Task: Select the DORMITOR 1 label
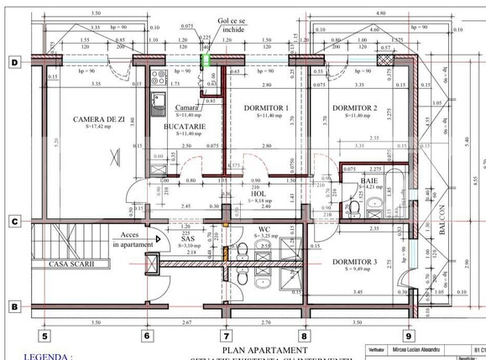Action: (266, 108)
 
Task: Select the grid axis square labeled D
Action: (14, 62)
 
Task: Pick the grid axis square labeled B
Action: (14, 307)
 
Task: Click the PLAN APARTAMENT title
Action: (258, 349)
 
